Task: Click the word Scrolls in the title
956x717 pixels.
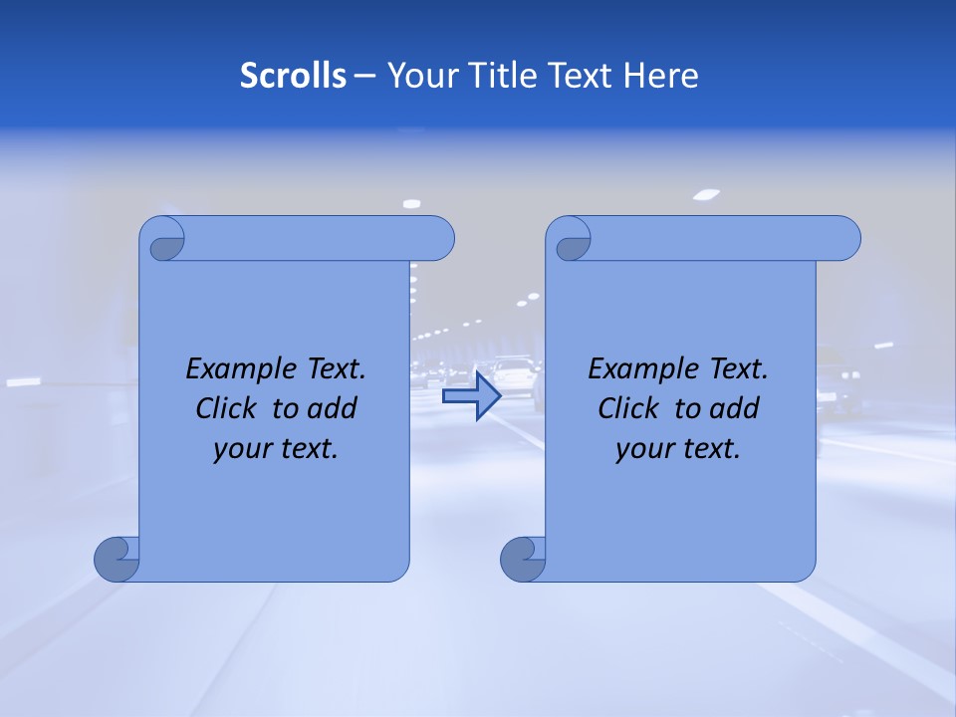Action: point(293,76)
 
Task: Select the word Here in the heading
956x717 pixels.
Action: point(661,76)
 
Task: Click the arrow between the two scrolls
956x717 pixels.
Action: point(471,396)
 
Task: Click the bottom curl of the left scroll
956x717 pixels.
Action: point(117,559)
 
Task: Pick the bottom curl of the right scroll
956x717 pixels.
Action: point(523,559)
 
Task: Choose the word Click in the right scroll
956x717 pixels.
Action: point(628,409)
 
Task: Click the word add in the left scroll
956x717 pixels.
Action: point(333,409)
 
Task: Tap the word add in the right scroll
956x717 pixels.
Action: point(735,409)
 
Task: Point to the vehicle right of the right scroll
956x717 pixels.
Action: point(837,383)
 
